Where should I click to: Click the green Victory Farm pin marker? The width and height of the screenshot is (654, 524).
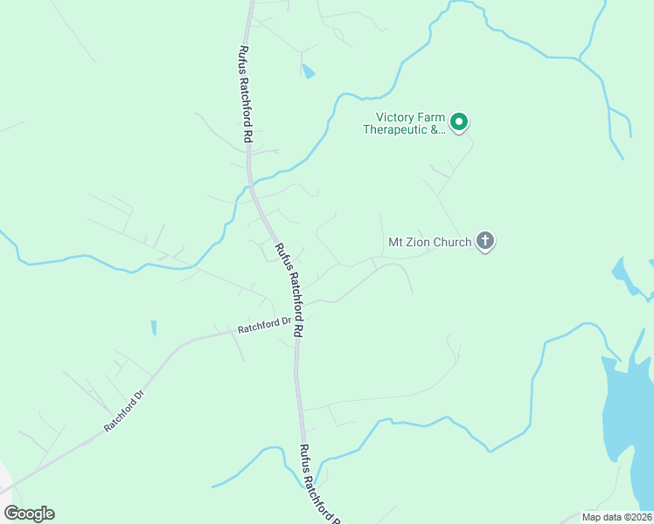click(459, 122)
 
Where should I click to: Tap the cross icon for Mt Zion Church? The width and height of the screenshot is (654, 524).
click(485, 241)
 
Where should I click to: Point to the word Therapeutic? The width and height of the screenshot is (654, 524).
click(393, 129)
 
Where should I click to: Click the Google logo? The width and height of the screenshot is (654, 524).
click(29, 514)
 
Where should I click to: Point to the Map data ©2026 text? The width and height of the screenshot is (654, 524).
click(617, 517)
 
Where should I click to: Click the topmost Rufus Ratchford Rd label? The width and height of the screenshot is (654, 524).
click(246, 94)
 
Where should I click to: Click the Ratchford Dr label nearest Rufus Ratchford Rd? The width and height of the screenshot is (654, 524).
click(264, 326)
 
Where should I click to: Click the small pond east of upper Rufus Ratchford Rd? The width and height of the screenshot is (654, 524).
click(308, 71)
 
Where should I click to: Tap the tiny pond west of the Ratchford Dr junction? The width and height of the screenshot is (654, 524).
click(153, 328)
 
